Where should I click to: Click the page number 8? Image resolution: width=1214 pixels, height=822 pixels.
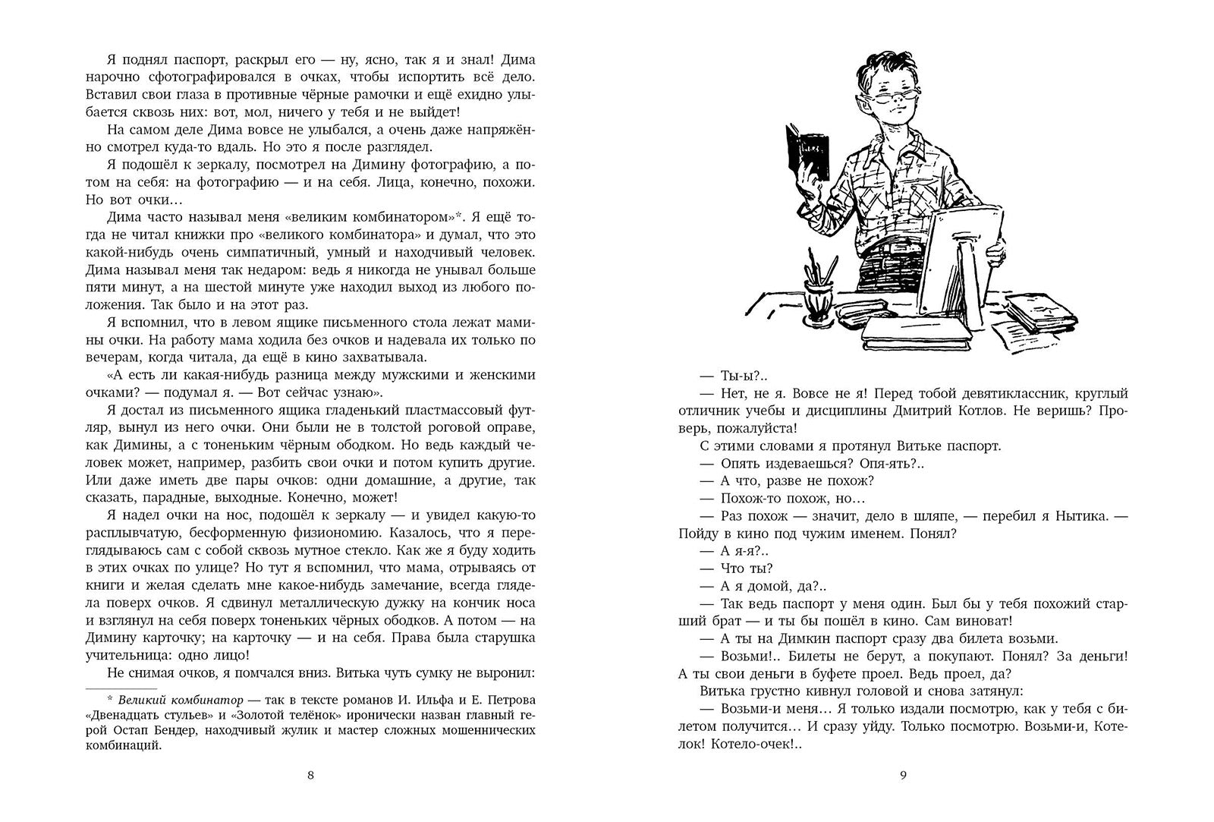(309, 775)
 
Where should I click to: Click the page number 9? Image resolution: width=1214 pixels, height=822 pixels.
(903, 775)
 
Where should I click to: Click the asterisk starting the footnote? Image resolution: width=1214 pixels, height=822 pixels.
(109, 698)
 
